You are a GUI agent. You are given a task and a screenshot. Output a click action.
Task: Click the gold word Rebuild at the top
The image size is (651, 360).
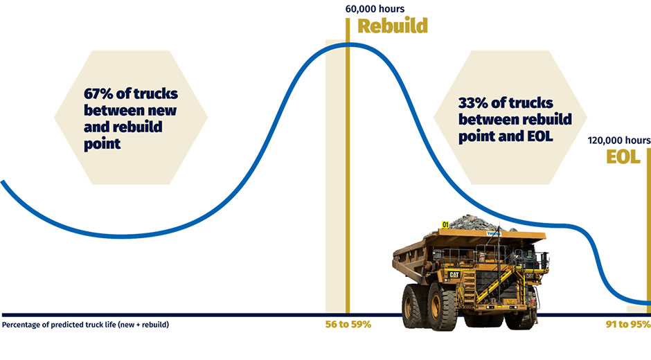pyautogui.click(x=393, y=26)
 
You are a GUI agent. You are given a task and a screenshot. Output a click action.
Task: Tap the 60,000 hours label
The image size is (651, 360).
pyautogui.click(x=375, y=9)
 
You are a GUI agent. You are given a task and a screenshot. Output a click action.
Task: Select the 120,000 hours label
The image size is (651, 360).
pyautogui.click(x=619, y=141)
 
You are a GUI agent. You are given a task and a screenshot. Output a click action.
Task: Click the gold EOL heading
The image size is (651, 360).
pyautogui.click(x=623, y=156)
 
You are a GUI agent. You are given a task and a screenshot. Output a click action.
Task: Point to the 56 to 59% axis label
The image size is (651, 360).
pyautogui.click(x=348, y=324)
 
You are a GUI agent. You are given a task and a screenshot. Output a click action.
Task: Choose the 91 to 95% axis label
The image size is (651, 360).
pyautogui.click(x=628, y=324)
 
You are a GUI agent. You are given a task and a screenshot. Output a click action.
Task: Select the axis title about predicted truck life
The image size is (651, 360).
pyautogui.click(x=85, y=325)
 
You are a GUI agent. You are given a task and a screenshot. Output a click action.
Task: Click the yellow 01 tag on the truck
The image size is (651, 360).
pyautogui.click(x=445, y=224)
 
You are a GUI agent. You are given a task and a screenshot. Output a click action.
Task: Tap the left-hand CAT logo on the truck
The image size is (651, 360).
pyautogui.click(x=454, y=274)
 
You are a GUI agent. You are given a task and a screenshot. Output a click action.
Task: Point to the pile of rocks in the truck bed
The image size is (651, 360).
pyautogui.click(x=477, y=223)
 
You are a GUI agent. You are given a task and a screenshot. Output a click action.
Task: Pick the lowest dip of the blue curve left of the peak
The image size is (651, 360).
pyautogui.click(x=122, y=237)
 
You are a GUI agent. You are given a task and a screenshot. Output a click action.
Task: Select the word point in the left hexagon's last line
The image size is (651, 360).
pyautogui.click(x=102, y=144)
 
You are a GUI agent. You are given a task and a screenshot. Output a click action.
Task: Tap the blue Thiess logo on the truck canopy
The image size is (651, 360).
pyautogui.click(x=494, y=234)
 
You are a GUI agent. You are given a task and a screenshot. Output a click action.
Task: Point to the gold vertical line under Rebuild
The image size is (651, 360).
pyautogui.click(x=348, y=165)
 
